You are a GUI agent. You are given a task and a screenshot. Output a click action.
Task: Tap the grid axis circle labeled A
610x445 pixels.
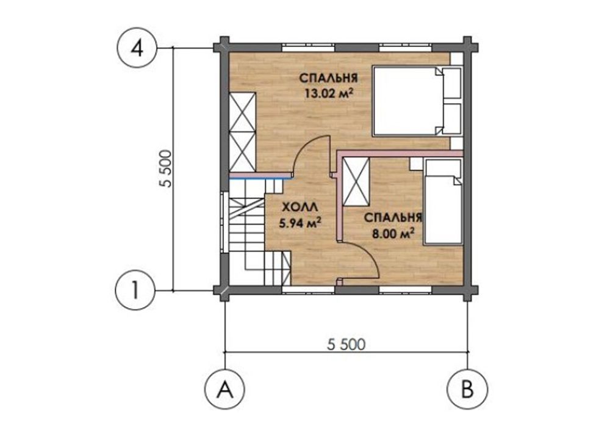(x=225, y=388)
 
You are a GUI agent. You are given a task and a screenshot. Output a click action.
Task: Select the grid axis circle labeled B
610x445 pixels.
(x=467, y=388)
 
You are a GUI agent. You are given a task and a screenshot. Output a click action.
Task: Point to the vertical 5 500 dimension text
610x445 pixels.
(x=165, y=168)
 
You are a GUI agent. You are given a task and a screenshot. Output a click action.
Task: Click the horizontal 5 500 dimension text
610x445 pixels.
(x=346, y=344)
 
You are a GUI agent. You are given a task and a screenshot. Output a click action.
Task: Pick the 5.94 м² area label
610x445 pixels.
(x=300, y=223)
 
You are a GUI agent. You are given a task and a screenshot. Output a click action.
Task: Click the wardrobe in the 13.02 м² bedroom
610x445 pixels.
(x=242, y=132)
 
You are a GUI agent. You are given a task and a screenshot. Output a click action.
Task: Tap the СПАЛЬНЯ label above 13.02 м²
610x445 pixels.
(x=329, y=78)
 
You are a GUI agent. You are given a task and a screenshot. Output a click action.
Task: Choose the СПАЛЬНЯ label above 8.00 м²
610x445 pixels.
(x=393, y=217)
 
